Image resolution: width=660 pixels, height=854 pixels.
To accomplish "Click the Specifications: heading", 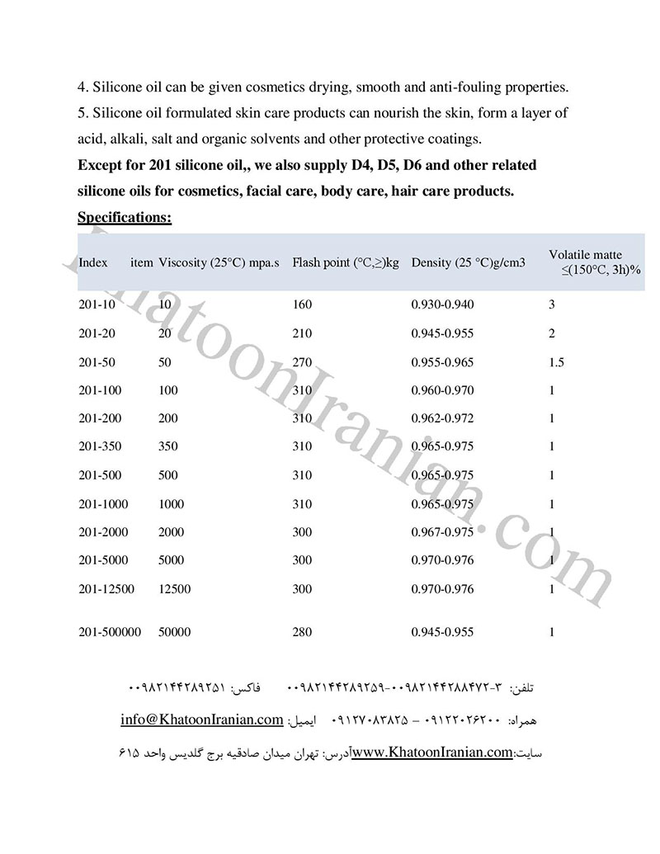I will tap(125, 218).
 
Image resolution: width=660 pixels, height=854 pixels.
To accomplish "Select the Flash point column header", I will tap(345, 263).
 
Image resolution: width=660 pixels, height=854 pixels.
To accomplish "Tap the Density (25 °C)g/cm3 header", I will tap(468, 263).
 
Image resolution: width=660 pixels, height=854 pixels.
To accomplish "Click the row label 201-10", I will tap(97, 304).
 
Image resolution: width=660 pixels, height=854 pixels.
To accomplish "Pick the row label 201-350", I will tap(100, 446).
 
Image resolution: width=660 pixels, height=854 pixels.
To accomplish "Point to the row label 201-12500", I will tap(106, 589).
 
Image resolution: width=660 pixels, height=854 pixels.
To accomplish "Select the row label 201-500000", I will tap(110, 632).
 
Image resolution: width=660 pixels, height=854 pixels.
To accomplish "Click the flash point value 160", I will tap(302, 304).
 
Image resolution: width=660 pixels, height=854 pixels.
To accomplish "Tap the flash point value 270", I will tap(302, 362).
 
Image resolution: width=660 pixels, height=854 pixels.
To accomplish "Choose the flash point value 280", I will tap(302, 632).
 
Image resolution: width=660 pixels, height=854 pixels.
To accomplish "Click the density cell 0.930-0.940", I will tap(442, 304).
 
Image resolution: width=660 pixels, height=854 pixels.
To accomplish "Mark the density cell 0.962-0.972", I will tap(442, 418).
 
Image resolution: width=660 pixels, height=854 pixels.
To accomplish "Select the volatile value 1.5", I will tap(556, 362).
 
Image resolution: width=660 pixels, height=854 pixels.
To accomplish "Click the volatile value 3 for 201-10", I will tap(552, 304).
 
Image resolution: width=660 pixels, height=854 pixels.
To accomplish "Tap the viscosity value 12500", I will tap(174, 589).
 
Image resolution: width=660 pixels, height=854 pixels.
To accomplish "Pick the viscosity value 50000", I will tap(174, 632).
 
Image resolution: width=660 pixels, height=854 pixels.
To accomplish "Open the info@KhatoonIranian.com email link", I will tap(202, 720).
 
